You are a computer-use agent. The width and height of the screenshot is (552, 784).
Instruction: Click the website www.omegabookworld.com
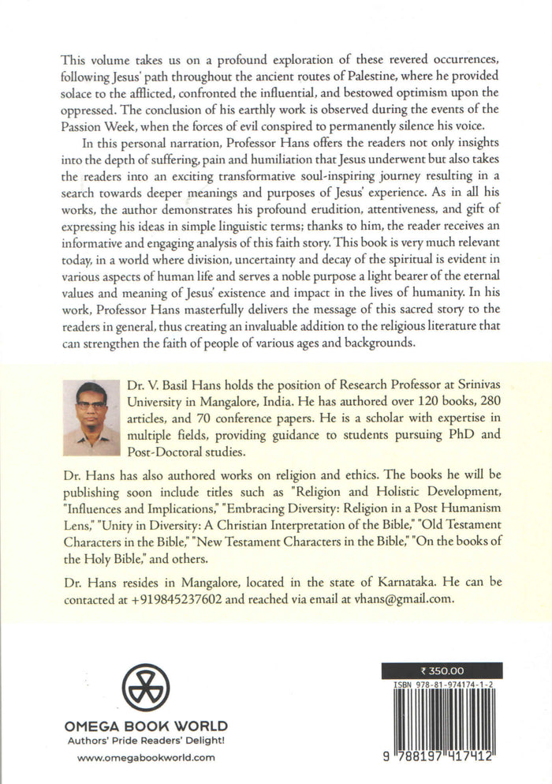coord(146,757)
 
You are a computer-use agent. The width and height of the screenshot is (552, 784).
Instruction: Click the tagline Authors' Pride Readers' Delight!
coord(146,739)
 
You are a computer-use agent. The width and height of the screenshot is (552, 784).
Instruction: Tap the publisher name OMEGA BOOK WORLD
coord(146,725)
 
